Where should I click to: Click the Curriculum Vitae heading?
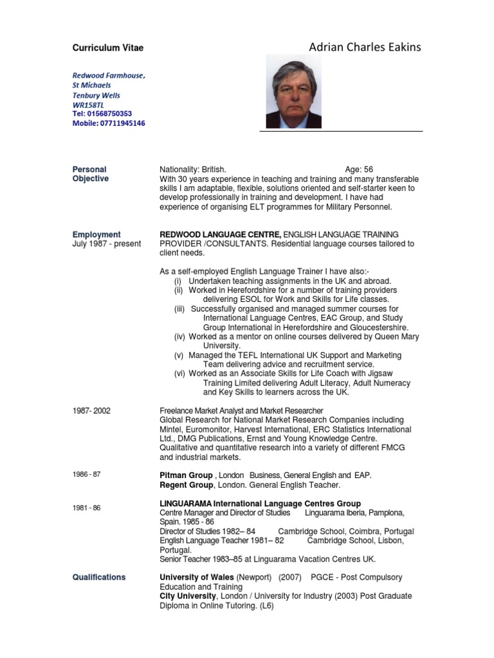click(107, 48)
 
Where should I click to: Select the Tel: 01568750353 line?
click(107, 113)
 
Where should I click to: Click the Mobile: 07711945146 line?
click(109, 123)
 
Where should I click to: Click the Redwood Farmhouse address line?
click(109, 75)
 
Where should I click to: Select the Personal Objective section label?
click(91, 174)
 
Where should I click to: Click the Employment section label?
click(96, 235)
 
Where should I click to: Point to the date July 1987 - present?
click(106, 244)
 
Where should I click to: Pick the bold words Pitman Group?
click(186, 475)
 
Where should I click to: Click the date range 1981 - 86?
click(86, 508)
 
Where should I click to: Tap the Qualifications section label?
click(99, 577)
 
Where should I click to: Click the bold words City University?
click(188, 596)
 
